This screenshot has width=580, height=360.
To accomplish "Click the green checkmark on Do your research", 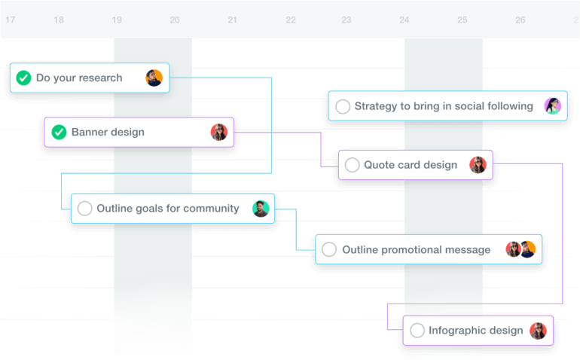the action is (x=23, y=78).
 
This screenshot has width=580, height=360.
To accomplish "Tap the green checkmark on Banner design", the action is (x=59, y=132).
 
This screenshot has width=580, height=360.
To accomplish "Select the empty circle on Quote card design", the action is (x=353, y=165).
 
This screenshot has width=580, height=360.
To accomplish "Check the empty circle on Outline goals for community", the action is (x=84, y=209).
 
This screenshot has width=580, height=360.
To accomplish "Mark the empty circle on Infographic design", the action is (x=417, y=331).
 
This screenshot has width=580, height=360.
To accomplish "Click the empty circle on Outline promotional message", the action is (x=329, y=249).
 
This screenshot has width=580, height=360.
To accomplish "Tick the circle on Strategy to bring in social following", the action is (x=343, y=106).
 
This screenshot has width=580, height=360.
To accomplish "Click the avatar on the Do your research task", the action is (x=154, y=78).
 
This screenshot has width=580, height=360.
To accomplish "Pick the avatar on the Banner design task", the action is (x=219, y=132).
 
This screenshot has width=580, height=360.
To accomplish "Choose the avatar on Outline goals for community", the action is (x=261, y=209).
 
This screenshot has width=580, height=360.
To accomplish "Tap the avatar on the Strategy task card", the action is (x=553, y=106).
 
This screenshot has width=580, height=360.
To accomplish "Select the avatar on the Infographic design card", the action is (x=538, y=331).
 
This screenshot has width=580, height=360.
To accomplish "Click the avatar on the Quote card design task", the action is (x=478, y=165).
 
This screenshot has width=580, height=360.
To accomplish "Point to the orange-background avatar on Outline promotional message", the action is (x=528, y=249).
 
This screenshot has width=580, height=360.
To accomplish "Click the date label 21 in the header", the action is (x=232, y=20).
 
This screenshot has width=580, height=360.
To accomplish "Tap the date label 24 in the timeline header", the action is (x=404, y=20).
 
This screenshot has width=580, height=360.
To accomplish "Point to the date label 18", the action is (x=59, y=20).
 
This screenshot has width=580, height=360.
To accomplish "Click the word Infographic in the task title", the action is (x=453, y=330).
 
